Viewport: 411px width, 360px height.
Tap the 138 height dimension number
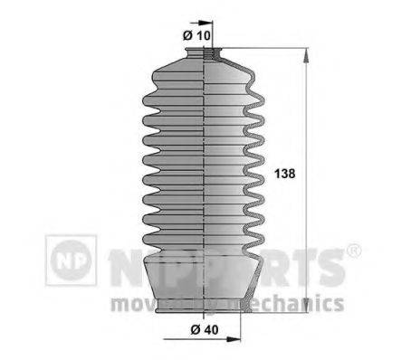284,172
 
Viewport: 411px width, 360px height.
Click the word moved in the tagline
133,302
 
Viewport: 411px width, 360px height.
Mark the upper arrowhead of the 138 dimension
308,55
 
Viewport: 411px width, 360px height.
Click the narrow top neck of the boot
206,56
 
